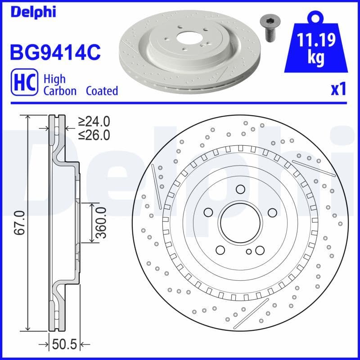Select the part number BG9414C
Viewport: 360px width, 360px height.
[54, 52]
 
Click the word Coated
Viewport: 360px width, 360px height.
[102, 91]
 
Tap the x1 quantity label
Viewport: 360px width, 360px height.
[338, 89]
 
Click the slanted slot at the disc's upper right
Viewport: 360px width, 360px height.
[314, 168]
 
